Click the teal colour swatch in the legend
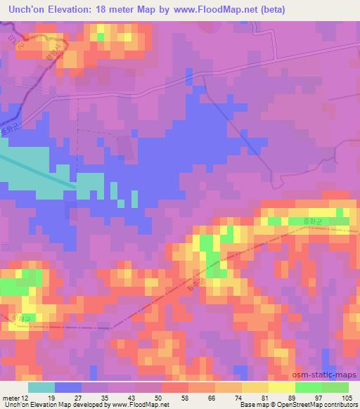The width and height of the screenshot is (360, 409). pos(41,387)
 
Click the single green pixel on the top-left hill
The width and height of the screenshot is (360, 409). pos(101,36)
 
